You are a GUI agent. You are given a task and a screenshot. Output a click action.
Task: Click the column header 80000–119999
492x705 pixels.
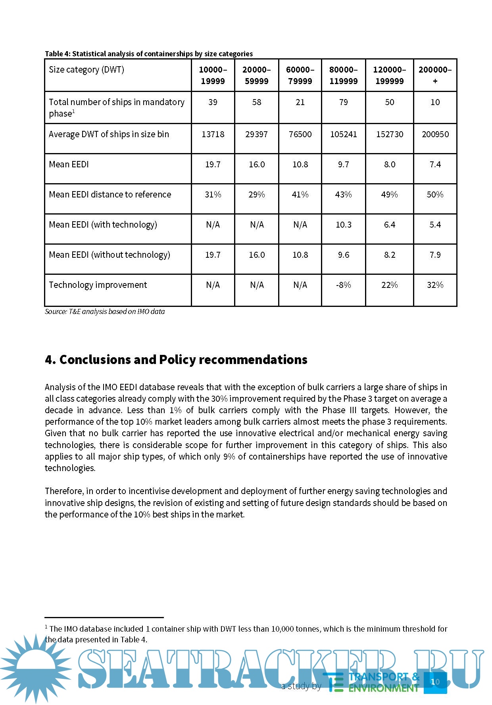point(343,75)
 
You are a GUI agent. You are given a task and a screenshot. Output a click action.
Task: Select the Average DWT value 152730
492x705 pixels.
point(389,134)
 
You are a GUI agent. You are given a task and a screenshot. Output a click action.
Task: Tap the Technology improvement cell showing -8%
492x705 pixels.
point(343,285)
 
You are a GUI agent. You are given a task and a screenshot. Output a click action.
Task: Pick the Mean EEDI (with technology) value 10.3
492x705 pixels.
point(343,225)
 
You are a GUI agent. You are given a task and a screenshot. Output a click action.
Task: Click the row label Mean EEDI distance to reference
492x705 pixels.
point(110,195)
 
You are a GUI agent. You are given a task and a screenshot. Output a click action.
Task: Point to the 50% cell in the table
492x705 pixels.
point(435,195)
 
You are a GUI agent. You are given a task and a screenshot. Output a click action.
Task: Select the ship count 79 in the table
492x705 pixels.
point(343,102)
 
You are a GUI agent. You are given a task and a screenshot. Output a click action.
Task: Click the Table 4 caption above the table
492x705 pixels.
point(149,54)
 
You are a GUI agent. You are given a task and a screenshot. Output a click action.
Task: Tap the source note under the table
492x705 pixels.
point(105,312)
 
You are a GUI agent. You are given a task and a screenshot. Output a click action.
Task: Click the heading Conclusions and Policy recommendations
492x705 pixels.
point(176,360)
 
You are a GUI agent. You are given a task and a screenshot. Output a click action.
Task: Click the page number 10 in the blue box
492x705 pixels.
point(435,682)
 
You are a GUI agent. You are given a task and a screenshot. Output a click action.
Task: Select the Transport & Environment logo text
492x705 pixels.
point(383,682)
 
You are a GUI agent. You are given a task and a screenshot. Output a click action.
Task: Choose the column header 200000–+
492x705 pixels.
point(435,75)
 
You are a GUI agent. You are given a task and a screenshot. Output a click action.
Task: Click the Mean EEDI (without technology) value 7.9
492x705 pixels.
point(435,255)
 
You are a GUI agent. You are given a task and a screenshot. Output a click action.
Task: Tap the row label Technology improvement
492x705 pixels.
point(98,285)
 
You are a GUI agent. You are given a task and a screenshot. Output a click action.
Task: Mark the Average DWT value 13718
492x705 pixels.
point(213,134)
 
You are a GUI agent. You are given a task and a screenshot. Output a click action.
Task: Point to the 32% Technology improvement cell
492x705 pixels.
point(435,285)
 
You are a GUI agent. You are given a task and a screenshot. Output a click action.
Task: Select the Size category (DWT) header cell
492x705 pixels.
point(86,70)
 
